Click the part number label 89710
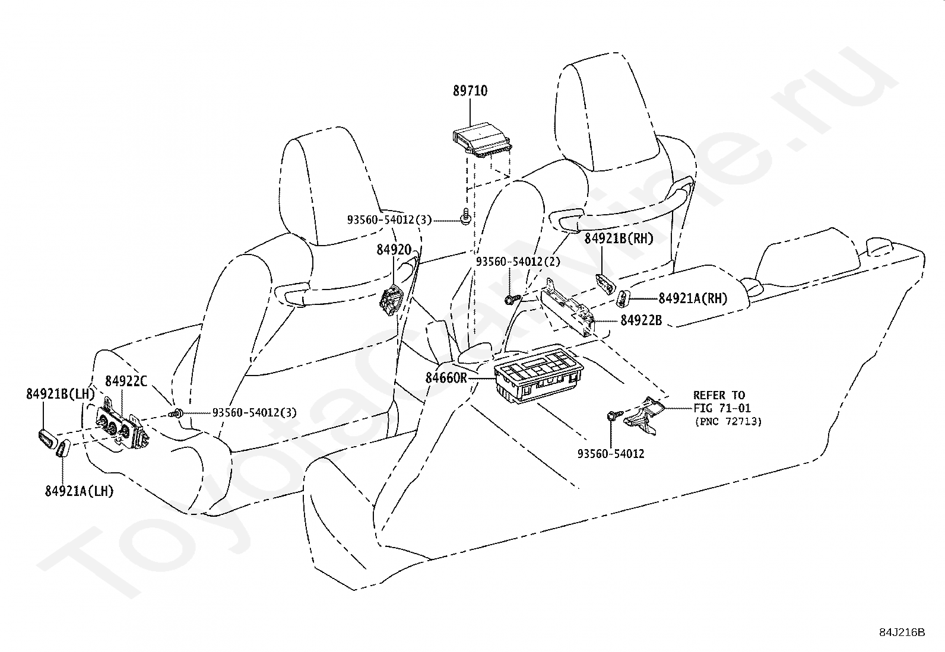coord(470,91)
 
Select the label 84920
coord(394,250)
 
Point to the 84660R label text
coord(446,377)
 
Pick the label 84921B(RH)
coord(619,238)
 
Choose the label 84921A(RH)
coord(692,298)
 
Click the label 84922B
coord(641,320)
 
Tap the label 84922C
coord(126,381)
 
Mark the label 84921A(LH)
coord(79,491)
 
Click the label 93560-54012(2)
coord(518,261)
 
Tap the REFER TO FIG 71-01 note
coord(721,402)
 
